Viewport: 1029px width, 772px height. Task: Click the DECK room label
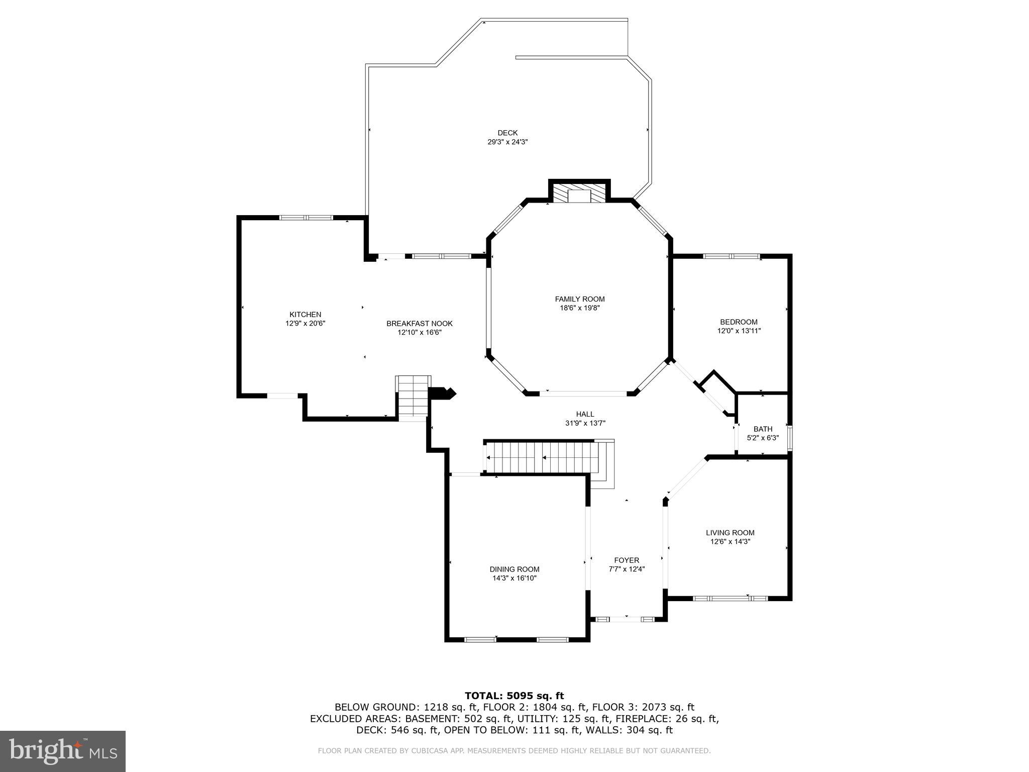pyautogui.click(x=507, y=133)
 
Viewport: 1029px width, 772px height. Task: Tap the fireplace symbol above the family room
pyautogui.click(x=579, y=194)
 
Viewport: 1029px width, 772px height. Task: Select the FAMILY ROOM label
pyautogui.click(x=579, y=299)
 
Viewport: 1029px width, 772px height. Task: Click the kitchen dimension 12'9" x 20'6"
pyautogui.click(x=305, y=324)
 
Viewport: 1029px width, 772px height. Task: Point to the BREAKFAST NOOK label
pyautogui.click(x=420, y=324)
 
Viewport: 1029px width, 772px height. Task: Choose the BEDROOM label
pyautogui.click(x=739, y=322)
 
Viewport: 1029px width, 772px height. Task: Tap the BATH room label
pyautogui.click(x=763, y=429)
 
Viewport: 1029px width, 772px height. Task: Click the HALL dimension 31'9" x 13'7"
pyautogui.click(x=585, y=423)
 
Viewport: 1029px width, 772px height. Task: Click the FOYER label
pyautogui.click(x=627, y=560)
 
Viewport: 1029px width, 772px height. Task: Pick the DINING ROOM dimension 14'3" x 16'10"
pyautogui.click(x=514, y=578)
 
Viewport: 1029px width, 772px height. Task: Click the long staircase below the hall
pyautogui.click(x=543, y=458)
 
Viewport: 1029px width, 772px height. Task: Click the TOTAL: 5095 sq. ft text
pyautogui.click(x=514, y=696)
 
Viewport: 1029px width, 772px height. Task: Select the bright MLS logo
pyautogui.click(x=62, y=751)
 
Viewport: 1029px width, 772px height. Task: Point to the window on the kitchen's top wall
pyautogui.click(x=306, y=218)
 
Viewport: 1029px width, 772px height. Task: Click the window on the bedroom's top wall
pyautogui.click(x=731, y=256)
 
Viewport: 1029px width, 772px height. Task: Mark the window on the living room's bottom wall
pyautogui.click(x=730, y=598)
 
